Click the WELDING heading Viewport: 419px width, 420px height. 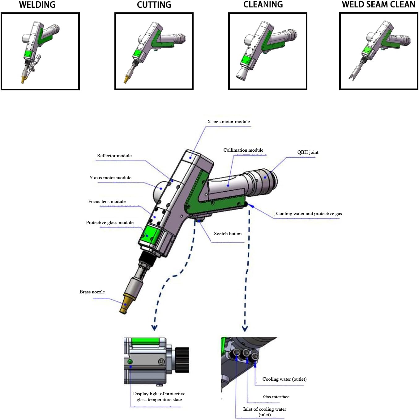(37, 5)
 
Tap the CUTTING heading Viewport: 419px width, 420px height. (154, 5)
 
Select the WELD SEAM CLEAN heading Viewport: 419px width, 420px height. (378, 5)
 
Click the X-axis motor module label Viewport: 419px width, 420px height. (228, 122)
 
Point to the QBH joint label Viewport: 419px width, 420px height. (308, 152)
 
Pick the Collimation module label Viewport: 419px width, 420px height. (243, 150)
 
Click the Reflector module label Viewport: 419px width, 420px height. (114, 156)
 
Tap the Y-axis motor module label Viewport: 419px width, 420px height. (110, 178)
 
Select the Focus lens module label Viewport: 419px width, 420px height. (107, 201)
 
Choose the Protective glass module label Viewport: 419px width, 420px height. (109, 223)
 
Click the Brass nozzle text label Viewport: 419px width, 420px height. (92, 292)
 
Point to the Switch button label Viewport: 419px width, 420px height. (228, 234)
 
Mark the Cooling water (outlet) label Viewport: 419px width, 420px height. (284, 379)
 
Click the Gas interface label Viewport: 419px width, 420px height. (276, 397)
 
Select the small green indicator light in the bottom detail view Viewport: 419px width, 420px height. (130, 362)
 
